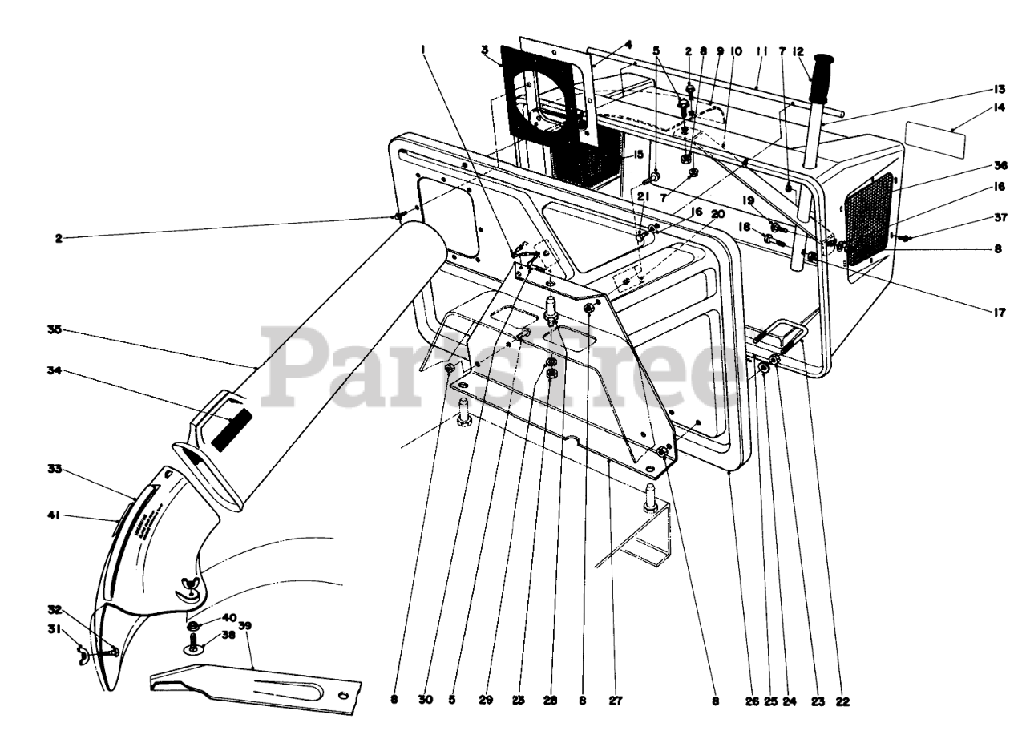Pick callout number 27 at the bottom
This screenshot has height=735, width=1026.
tap(616, 701)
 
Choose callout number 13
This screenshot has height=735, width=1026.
tap(999, 88)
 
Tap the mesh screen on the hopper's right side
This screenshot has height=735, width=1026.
tap(870, 218)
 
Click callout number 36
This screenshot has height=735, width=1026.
tap(999, 167)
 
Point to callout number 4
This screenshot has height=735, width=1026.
tap(628, 44)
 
